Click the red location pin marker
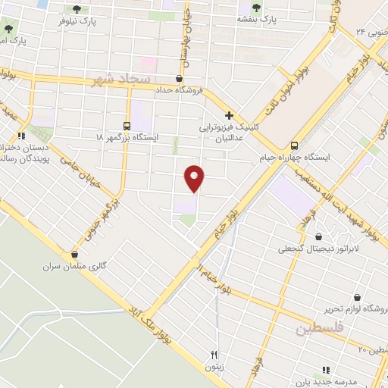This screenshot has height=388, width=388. pos(195,177)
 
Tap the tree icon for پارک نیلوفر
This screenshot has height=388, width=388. pos(77,9)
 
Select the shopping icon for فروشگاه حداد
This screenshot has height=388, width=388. pos(179,78)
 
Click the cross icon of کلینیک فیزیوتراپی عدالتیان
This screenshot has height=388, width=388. pos(228,116)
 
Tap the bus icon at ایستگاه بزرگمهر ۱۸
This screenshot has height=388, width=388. pos(126,125)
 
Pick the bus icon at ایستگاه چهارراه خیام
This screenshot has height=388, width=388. pos(296,146)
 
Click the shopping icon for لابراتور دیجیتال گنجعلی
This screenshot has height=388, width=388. pos(318,236)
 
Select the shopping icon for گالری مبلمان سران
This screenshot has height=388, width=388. pos(74,255)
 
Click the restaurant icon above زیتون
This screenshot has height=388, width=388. pos(214,354)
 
